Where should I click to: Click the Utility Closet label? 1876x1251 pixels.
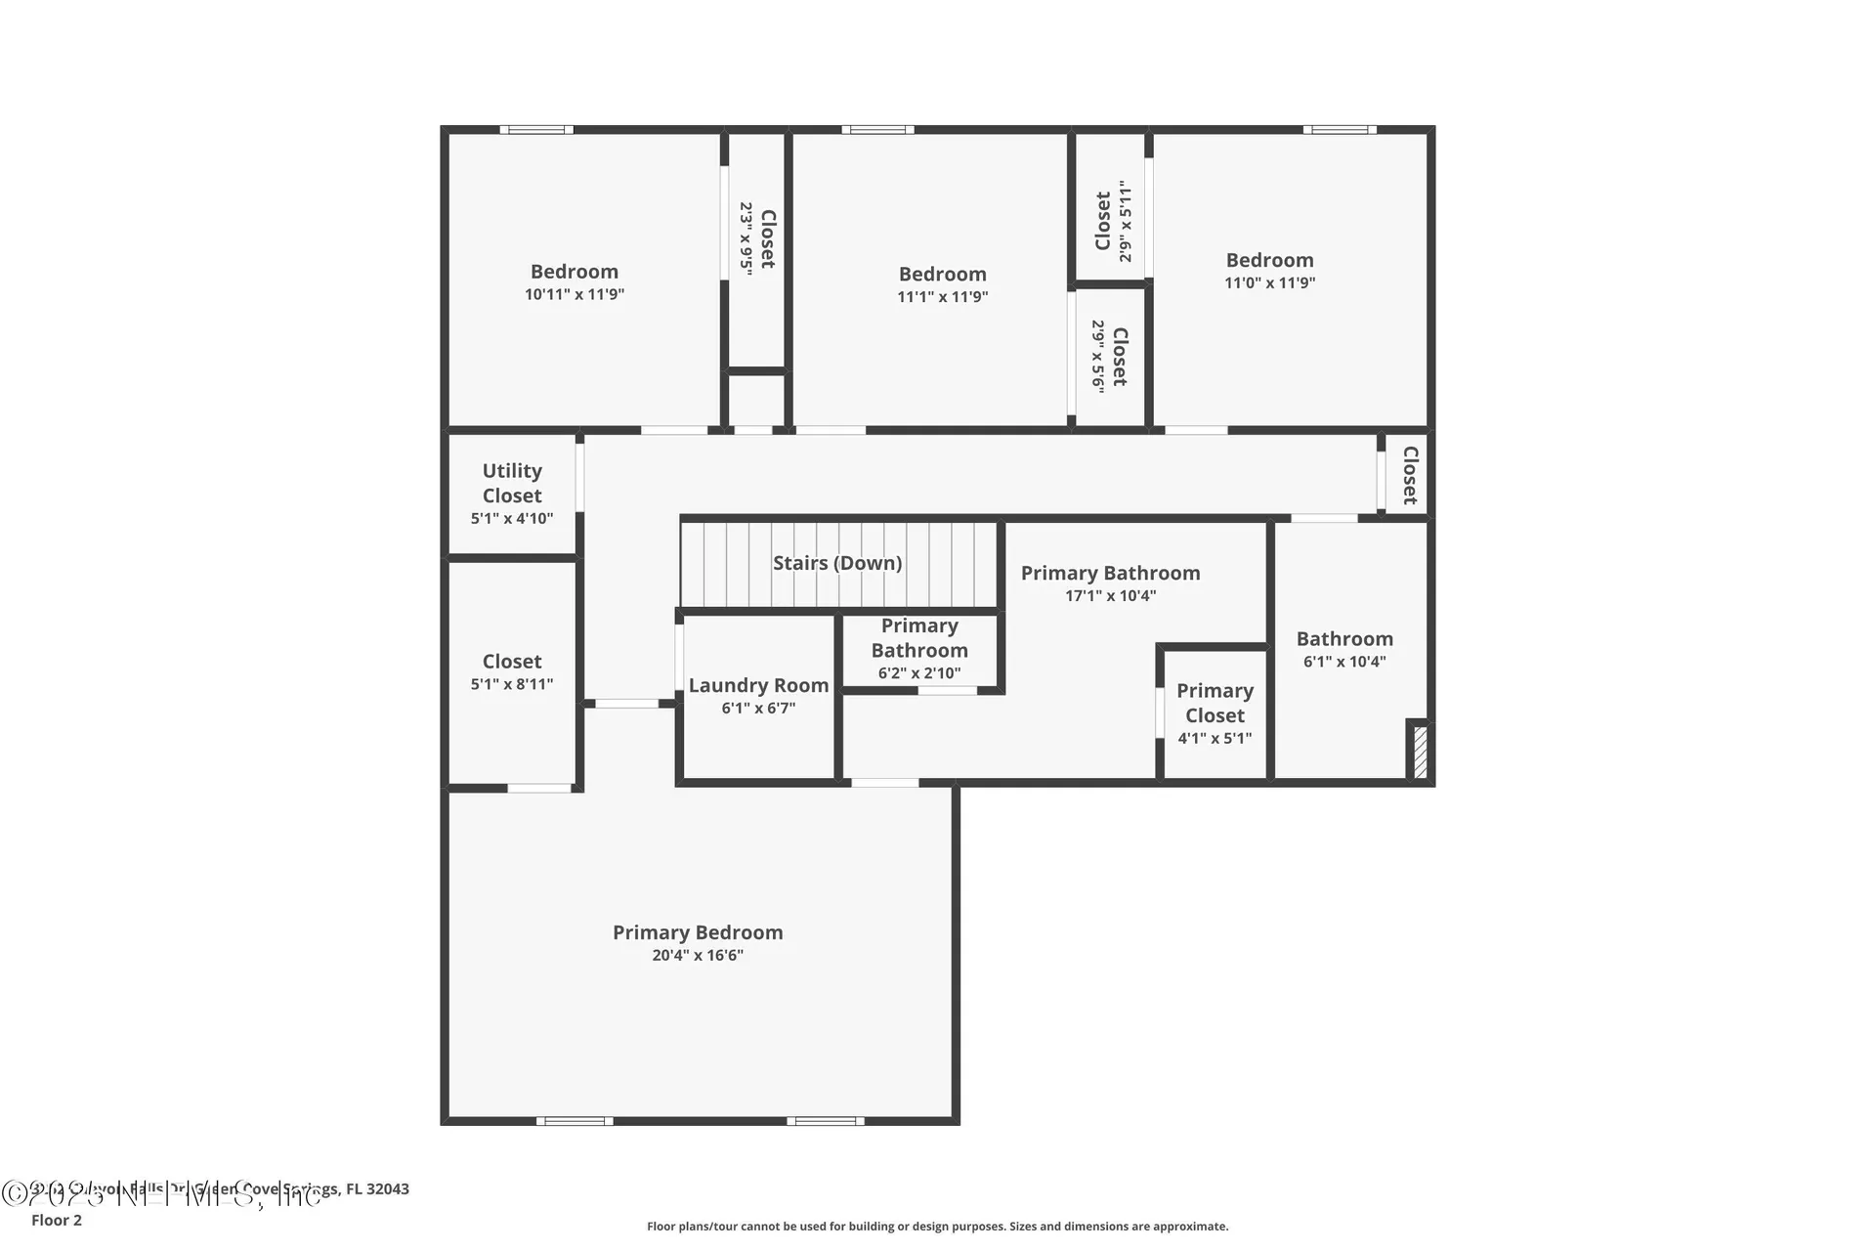[511, 483]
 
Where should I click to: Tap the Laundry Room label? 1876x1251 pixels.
[758, 685]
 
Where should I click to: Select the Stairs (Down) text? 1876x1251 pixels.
[836, 563]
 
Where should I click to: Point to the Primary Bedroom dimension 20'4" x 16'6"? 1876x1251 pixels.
[698, 955]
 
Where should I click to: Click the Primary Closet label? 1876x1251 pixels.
[1215, 703]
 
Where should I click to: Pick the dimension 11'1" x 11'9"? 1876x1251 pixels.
[942, 297]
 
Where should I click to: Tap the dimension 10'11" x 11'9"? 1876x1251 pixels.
[574, 294]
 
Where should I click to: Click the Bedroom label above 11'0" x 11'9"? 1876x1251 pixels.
[1269, 260]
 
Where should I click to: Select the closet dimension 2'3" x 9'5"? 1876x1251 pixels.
[746, 238]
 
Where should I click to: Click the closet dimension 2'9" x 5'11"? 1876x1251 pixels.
[1126, 221]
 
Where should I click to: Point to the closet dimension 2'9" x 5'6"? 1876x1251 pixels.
[1098, 357]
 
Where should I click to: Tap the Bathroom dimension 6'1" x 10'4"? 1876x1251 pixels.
[1344, 662]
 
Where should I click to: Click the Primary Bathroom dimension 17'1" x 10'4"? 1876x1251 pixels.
[1110, 595]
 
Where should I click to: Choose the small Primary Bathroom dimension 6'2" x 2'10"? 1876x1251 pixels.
[918, 673]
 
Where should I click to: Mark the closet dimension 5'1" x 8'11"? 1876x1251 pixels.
[511, 684]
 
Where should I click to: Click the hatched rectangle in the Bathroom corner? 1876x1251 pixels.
[1421, 750]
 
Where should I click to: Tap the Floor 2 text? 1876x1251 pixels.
[57, 1220]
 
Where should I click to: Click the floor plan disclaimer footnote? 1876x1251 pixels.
[937, 1226]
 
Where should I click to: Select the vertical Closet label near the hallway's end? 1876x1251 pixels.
[1410, 475]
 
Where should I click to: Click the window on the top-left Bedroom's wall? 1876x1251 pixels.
[536, 129]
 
